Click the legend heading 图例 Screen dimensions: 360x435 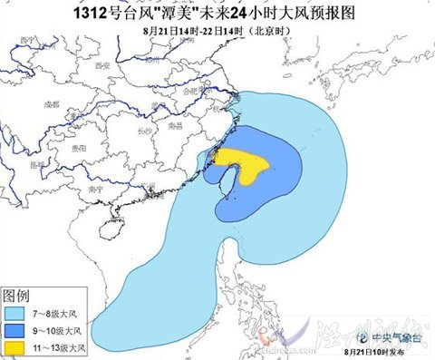(20, 295)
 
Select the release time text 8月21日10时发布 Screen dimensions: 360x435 (376, 349)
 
